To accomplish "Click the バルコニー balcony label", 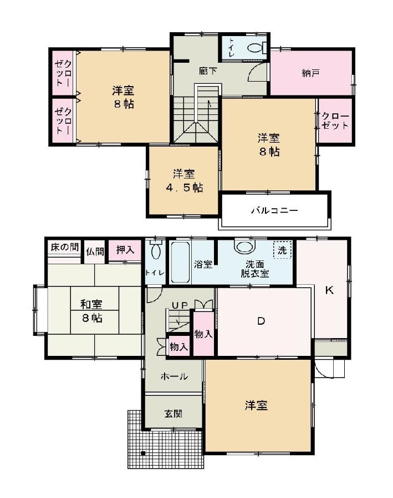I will (x=274, y=211).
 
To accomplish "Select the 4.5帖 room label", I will (x=183, y=180).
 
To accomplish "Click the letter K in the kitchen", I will (x=329, y=290).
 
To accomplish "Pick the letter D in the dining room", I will (x=261, y=321).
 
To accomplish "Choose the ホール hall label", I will (x=174, y=376).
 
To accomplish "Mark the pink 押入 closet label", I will (x=125, y=250).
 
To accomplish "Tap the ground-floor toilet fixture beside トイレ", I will (x=156, y=251).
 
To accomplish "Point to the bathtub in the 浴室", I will (x=180, y=261).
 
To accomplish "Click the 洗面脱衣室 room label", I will (x=254, y=269).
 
